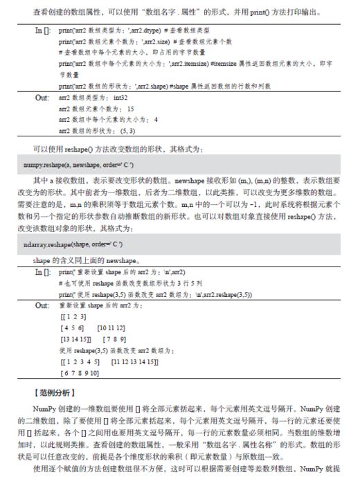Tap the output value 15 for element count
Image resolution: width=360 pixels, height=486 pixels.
[x=129, y=109]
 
